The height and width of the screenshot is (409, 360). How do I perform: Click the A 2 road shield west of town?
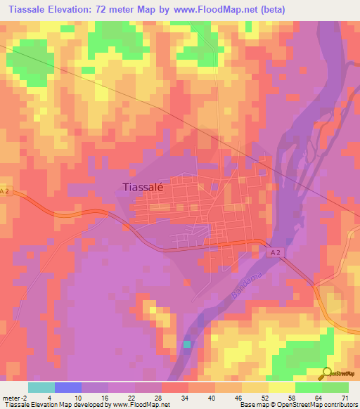click(6, 191)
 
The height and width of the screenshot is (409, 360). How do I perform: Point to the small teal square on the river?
click(186, 344)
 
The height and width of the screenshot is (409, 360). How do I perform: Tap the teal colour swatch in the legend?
click(41, 387)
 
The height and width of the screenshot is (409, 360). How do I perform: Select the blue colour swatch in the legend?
click(68, 387)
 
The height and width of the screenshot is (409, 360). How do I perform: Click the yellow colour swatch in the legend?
click(281, 387)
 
